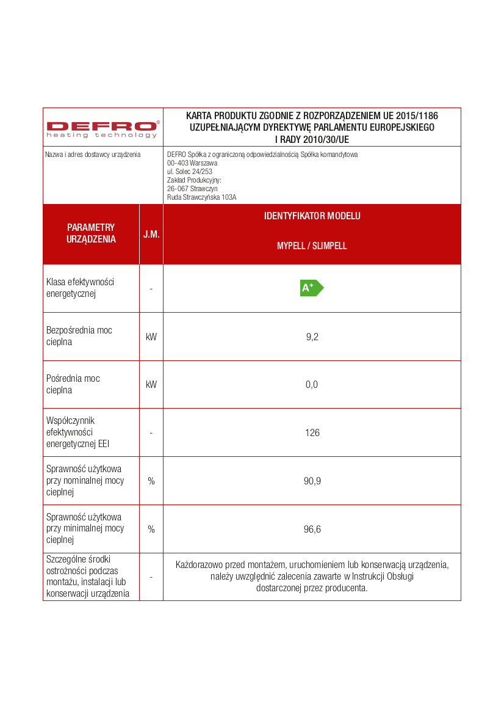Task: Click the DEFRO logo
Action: (x=103, y=128)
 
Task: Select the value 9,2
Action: (x=312, y=337)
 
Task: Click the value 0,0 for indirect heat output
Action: (x=312, y=385)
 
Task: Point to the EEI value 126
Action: (x=312, y=433)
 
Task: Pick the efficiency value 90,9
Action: (x=312, y=481)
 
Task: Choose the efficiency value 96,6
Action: (x=312, y=530)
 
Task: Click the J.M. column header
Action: (x=151, y=235)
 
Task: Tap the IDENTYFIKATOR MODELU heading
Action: (x=312, y=216)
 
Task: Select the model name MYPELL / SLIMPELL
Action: (x=312, y=246)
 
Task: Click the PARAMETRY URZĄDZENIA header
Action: (x=91, y=233)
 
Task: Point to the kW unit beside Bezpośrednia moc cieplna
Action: (x=151, y=337)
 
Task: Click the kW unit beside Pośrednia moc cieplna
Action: (x=151, y=385)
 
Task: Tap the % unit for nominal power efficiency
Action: (x=151, y=481)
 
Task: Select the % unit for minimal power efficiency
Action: (x=151, y=530)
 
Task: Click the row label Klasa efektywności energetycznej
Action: (x=80, y=288)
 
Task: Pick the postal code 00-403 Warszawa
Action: (x=192, y=163)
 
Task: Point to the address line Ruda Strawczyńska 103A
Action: (x=201, y=197)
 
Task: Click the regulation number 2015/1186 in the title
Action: (x=417, y=115)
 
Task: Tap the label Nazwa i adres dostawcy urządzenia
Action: (x=93, y=155)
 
